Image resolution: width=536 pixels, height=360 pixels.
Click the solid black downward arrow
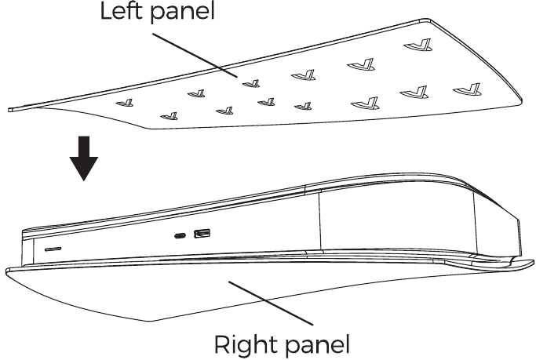pyautogui.click(x=84, y=158)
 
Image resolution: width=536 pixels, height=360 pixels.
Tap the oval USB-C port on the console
pyautogui.click(x=180, y=235)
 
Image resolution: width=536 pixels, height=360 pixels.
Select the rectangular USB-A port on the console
pyautogui.click(x=202, y=234)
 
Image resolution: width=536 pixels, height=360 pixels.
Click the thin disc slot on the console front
pyautogui.click(x=53, y=249)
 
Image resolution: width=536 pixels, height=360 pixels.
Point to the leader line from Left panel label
pyautogui.click(x=195, y=56)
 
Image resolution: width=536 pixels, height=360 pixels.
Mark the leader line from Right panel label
pyautogui.click(x=271, y=303)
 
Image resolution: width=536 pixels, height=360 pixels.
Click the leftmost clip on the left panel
pyautogui.click(x=125, y=103)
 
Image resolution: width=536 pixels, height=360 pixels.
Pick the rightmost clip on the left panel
pyautogui.click(x=467, y=89)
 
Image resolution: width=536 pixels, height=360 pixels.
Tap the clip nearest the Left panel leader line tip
pyautogui.click(x=251, y=83)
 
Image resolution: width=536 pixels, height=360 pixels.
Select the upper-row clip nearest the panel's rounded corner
pyautogui.click(x=417, y=45)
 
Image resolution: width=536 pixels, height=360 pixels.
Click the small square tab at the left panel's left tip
pyautogui.click(x=10, y=109)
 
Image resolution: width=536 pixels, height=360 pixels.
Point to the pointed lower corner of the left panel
pyautogui.click(x=150, y=129)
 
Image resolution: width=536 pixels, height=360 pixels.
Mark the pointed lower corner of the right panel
pyautogui.click(x=149, y=321)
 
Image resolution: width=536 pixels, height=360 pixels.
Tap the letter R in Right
pyautogui.click(x=222, y=344)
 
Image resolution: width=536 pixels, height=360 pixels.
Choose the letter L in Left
pyautogui.click(x=106, y=11)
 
